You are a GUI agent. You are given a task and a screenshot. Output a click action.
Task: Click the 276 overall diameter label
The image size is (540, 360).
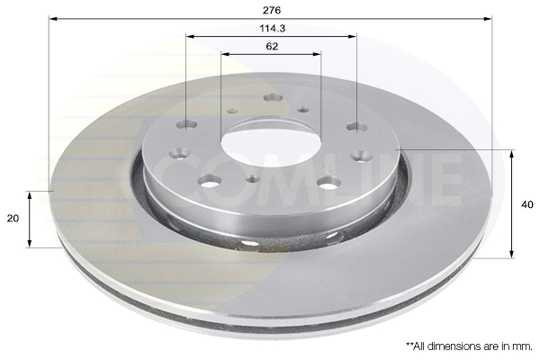pos(272,10)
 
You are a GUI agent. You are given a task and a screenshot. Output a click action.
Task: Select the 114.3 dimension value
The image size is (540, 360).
pos(273,28)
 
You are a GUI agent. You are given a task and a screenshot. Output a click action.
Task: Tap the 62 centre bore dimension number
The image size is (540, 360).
pos(272,46)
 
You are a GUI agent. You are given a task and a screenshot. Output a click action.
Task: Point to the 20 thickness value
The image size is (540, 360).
pos(13,219)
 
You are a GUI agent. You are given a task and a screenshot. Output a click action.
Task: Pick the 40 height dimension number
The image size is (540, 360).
pos(526,204)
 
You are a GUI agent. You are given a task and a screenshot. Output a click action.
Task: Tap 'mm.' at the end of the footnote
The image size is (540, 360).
pos(524,346)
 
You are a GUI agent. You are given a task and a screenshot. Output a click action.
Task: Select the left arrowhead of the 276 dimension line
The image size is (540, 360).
pos(53,18)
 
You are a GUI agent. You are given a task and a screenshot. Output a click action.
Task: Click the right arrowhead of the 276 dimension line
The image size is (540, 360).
pos(489,18)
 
